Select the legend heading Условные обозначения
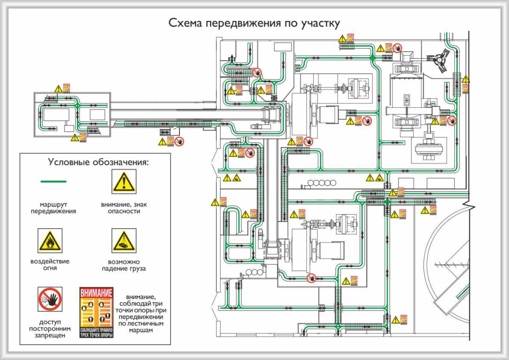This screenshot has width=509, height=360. (x=98, y=162)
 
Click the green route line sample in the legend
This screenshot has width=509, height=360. (x=53, y=181)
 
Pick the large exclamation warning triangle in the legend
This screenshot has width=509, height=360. (x=124, y=181)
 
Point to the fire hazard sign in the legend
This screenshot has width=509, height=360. (x=50, y=241)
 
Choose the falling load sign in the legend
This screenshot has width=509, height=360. (x=124, y=241)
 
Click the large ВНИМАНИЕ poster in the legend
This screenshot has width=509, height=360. (x=96, y=312)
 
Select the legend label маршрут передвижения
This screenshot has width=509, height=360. (x=53, y=207)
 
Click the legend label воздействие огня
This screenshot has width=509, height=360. (x=50, y=265)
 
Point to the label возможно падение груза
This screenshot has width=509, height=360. (x=124, y=265)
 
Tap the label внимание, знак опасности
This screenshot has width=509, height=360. (x=124, y=207)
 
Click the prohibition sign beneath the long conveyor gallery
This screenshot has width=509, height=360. (x=179, y=141)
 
